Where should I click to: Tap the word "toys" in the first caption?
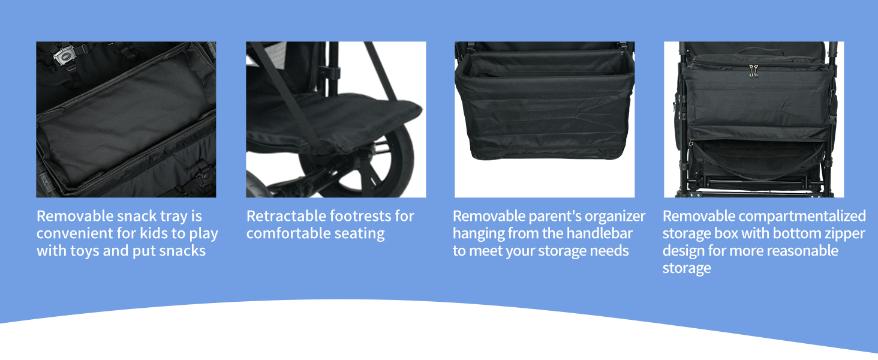(x=85, y=251)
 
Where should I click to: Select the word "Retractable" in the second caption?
(x=285, y=216)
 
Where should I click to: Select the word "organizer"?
(x=616, y=217)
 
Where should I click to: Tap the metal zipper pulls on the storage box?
(x=753, y=71)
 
